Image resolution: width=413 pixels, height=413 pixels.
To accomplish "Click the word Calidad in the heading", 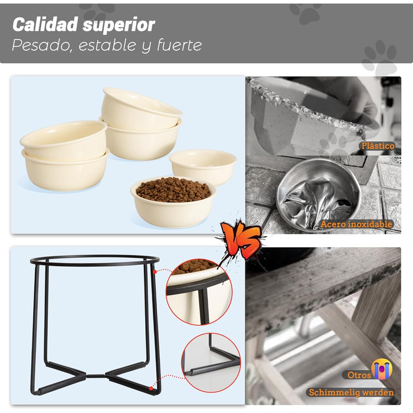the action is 45,24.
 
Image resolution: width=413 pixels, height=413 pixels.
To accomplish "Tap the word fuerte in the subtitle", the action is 179,45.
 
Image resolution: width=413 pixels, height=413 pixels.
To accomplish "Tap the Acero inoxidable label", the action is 356,224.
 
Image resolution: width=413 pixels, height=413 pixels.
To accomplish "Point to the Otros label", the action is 359,375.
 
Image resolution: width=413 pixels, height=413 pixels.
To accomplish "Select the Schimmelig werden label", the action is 352,392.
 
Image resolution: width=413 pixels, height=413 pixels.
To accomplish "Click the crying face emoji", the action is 382,369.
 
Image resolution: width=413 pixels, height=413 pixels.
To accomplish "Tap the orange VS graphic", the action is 241,240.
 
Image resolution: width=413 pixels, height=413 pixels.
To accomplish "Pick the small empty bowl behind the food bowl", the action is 203,167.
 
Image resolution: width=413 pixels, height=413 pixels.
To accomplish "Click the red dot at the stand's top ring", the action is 155,271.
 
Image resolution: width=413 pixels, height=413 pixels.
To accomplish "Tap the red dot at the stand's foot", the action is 150,388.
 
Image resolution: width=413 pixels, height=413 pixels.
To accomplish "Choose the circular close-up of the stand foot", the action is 211,363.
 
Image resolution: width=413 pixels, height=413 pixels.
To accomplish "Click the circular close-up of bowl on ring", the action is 199,292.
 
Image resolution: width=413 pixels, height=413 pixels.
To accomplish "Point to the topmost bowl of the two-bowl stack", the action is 142,109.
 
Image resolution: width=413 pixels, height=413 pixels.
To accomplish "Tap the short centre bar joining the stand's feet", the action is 96,376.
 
